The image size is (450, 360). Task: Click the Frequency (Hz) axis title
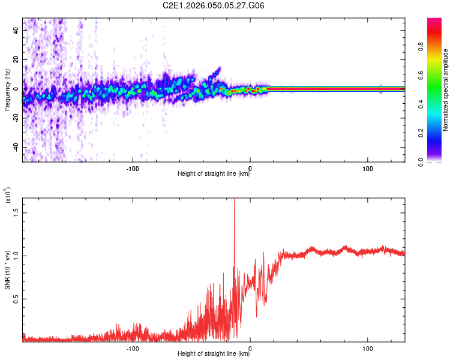tap(7, 89)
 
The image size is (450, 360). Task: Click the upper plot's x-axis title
tap(214, 173)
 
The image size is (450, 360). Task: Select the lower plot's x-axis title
tap(214, 353)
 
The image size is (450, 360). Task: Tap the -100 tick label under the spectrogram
tap(133, 167)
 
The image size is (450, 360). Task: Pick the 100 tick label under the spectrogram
tap(367, 167)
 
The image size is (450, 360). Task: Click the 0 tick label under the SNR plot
tap(250, 347)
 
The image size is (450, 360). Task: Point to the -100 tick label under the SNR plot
tap(133, 347)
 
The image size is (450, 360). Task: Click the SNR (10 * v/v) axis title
tap(7, 270)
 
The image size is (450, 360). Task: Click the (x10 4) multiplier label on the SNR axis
tap(8, 204)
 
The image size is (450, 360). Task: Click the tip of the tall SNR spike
tap(234, 199)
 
